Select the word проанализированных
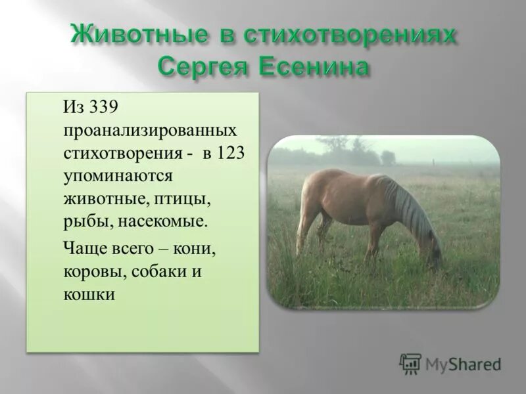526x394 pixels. pos(150,130)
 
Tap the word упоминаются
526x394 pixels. pos(118,176)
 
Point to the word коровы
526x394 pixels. pos(93,273)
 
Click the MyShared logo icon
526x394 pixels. pos(410,364)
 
